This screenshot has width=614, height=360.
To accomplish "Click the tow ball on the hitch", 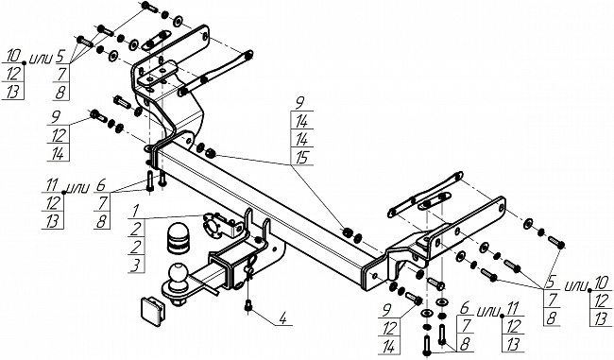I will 177,274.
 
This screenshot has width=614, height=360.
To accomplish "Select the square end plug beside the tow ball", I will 148,308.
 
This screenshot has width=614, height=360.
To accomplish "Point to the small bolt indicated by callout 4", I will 247,305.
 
